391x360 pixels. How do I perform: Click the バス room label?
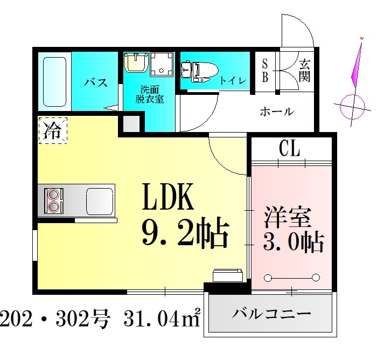point(95,82)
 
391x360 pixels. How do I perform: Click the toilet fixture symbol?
point(198,70)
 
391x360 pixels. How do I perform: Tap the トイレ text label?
point(233,81)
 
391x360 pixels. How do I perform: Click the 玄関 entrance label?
point(304,71)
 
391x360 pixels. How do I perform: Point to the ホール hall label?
point(277,112)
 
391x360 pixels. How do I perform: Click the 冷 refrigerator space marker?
point(53,130)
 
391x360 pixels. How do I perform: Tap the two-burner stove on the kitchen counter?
point(54,200)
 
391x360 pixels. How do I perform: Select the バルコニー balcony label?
point(272,314)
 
